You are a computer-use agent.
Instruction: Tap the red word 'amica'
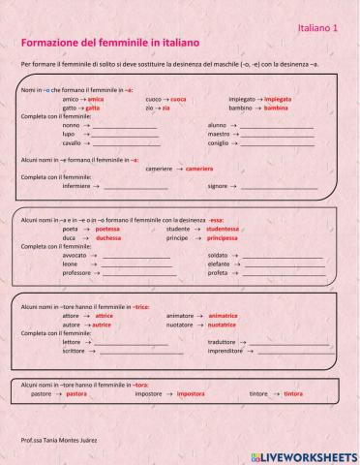tap(95, 99)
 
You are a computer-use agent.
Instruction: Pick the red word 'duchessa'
tap(108, 237)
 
